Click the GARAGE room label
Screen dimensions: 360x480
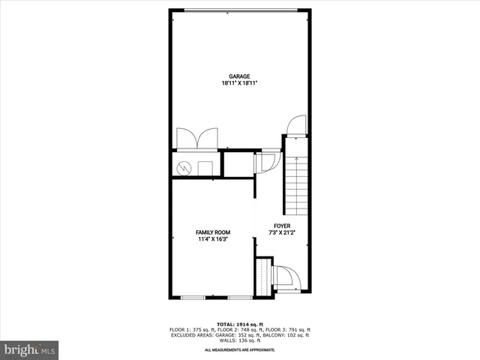click(240, 76)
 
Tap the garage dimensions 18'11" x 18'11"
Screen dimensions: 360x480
click(240, 84)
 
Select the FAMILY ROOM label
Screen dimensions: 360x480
click(214, 232)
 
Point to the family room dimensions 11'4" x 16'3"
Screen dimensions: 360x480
click(214, 240)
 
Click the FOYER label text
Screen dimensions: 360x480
click(282, 226)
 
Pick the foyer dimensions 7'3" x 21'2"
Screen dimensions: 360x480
click(282, 233)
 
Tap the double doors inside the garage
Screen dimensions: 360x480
click(196, 139)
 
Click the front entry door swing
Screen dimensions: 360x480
click(286, 277)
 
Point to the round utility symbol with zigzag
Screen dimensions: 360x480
click(184, 168)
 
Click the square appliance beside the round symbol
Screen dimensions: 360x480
click(205, 167)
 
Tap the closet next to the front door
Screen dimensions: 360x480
click(262, 276)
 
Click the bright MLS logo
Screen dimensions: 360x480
click(30, 349)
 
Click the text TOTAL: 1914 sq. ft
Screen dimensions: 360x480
click(240, 324)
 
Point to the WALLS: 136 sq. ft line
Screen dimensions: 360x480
click(240, 340)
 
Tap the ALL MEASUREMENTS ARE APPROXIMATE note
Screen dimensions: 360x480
click(240, 350)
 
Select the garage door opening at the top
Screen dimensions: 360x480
click(240, 10)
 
